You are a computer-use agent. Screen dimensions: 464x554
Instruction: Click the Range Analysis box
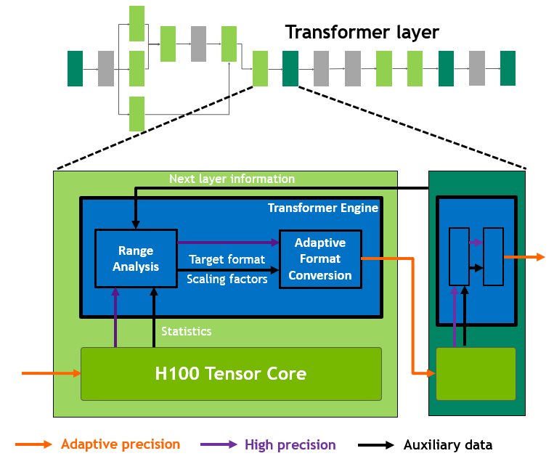click(136, 259)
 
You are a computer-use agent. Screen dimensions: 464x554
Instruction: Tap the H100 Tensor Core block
click(231, 374)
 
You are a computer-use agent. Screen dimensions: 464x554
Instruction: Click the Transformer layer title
click(362, 33)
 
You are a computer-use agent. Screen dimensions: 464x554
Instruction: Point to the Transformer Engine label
click(322, 208)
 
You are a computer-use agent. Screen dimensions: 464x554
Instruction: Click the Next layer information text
click(232, 179)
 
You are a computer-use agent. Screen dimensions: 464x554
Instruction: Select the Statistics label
click(186, 331)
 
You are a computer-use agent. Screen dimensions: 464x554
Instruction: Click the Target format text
click(227, 259)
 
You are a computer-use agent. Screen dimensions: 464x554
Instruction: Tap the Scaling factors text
click(227, 279)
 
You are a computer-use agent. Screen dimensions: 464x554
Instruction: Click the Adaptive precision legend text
click(121, 444)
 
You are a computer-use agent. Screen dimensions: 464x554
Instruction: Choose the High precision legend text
click(290, 445)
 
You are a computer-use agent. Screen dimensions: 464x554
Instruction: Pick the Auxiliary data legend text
click(448, 445)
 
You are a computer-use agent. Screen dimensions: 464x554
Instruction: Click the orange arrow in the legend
click(33, 444)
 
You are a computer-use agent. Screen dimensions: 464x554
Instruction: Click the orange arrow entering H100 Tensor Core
click(51, 373)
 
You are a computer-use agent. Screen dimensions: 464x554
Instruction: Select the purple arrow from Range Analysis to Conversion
click(227, 243)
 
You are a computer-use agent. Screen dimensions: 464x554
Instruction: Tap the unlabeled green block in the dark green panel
click(476, 373)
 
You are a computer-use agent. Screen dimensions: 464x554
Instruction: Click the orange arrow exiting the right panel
click(524, 257)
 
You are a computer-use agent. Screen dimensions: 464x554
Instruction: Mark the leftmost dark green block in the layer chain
click(75, 69)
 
